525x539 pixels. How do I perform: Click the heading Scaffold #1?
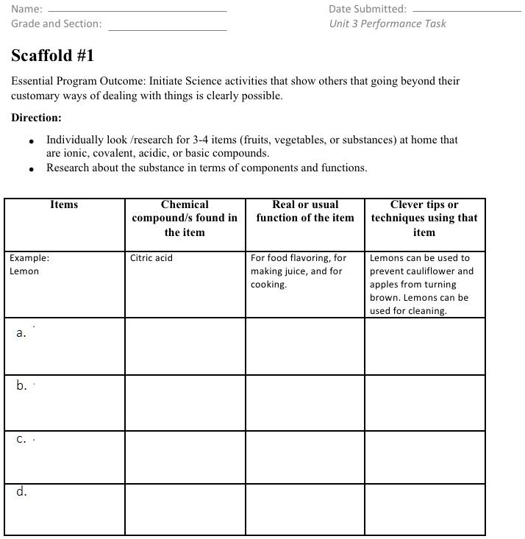[x=53, y=56]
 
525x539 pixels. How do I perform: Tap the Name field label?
[x=26, y=10]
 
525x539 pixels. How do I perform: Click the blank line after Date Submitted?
[x=466, y=11]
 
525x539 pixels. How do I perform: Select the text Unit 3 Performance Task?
[x=387, y=24]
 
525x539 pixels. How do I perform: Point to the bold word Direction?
[x=37, y=118]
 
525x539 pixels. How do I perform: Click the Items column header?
[x=64, y=205]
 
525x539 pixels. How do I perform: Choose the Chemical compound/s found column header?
[x=185, y=218]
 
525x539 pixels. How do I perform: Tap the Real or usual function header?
[x=305, y=211]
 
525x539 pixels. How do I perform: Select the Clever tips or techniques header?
[x=424, y=218]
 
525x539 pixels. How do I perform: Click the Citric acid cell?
[x=151, y=258]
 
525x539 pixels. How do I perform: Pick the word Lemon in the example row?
[x=24, y=271]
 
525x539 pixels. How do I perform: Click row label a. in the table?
[x=21, y=333]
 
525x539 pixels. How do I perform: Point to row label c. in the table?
[x=21, y=440]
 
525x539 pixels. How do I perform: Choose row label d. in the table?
[x=22, y=492]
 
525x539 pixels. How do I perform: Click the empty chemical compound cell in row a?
[x=185, y=346]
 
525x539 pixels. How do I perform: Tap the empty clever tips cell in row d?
[x=425, y=509]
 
